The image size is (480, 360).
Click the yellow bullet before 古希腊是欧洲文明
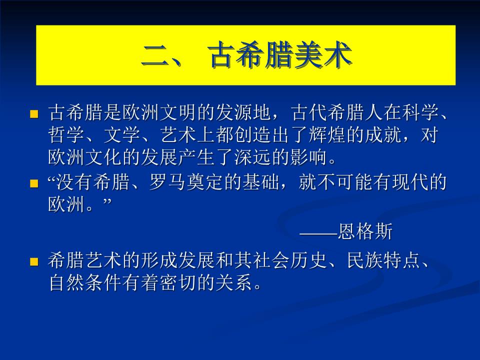pos(34,114)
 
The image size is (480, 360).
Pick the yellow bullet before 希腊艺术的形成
pos(34,261)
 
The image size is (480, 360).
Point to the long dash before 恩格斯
pos(318,232)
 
